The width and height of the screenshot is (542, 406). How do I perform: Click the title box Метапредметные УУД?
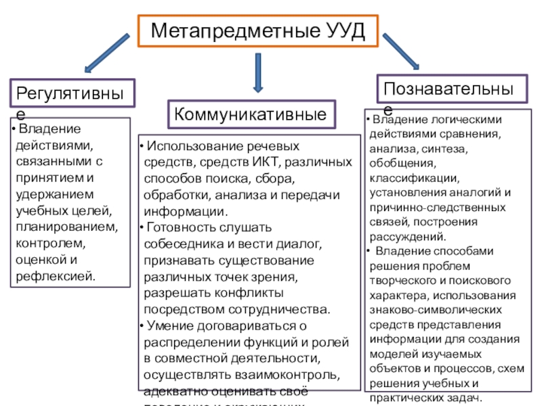257,30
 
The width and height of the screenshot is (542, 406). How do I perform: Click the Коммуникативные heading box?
253,113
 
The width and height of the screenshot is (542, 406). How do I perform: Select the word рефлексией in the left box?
56,275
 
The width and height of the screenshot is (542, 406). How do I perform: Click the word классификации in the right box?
413,179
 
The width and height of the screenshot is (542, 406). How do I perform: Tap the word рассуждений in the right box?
407,237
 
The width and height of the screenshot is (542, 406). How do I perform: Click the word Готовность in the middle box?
178,227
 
